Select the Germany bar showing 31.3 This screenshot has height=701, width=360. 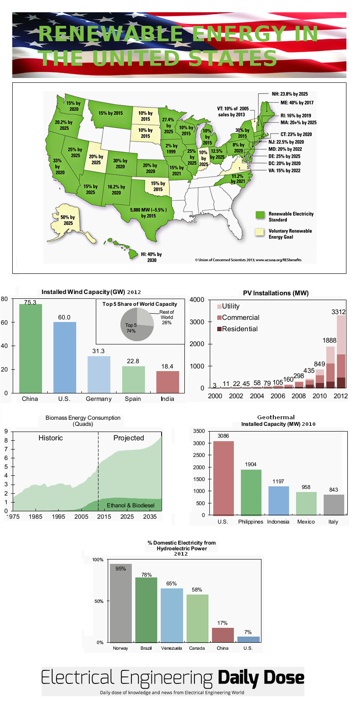click(99, 375)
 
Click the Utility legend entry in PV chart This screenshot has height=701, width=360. click(230, 306)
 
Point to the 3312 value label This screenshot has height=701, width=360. click(339, 312)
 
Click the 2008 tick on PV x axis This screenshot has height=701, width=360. click(299, 396)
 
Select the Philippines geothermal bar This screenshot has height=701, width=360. click(251, 492)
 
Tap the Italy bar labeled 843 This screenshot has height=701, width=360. click(334, 505)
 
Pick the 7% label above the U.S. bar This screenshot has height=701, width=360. click(248, 632)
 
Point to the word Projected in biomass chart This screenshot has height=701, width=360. click(128, 438)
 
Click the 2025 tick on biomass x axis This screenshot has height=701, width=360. click(127, 517)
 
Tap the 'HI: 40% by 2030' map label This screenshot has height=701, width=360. click(151, 257)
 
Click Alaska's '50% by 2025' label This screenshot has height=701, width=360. click(67, 220)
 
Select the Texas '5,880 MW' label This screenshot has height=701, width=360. click(148, 212)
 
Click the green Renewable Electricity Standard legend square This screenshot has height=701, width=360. click(260, 215)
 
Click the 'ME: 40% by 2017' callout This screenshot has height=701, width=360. click(296, 103)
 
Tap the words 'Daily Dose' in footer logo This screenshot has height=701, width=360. click(261, 677)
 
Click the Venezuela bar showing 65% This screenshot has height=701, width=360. click(171, 615)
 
